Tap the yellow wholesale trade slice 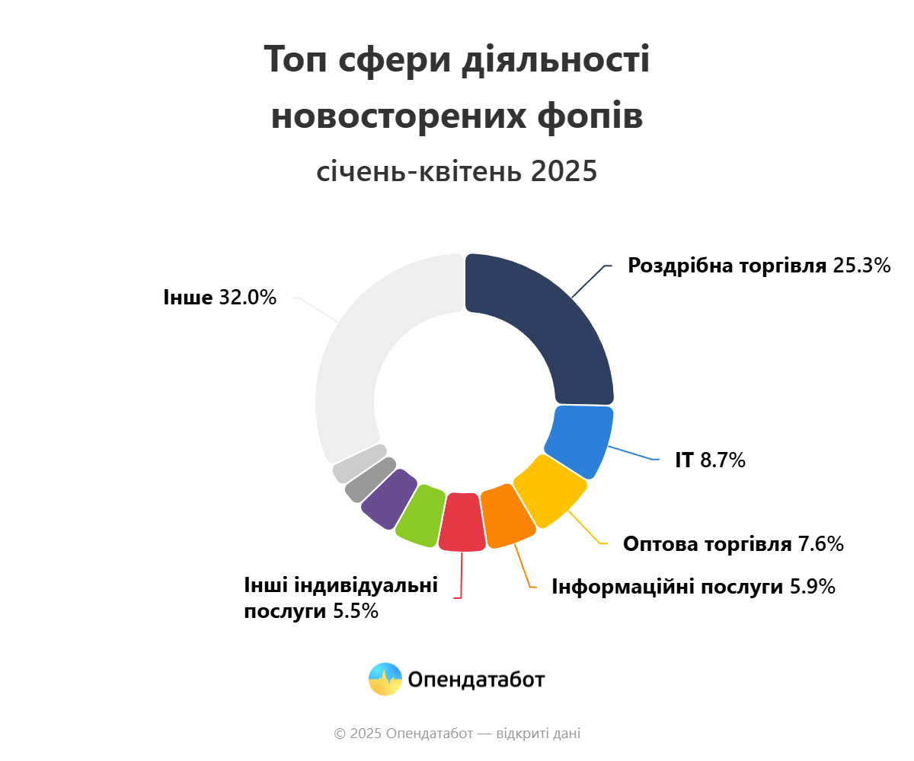tap(551, 490)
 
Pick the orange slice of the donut tap(508, 516)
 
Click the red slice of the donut tap(462, 522)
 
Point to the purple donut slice tap(389, 498)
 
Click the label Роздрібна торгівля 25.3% tap(759, 266)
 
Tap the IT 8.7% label tap(709, 460)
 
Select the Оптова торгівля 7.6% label tap(733, 544)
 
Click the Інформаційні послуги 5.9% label tap(693, 587)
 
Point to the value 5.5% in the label tap(356, 611)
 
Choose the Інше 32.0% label tap(219, 297)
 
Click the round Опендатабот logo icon tap(385, 679)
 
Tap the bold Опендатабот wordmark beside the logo tap(476, 679)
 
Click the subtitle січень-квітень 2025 tap(457, 171)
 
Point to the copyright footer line tap(457, 734)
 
